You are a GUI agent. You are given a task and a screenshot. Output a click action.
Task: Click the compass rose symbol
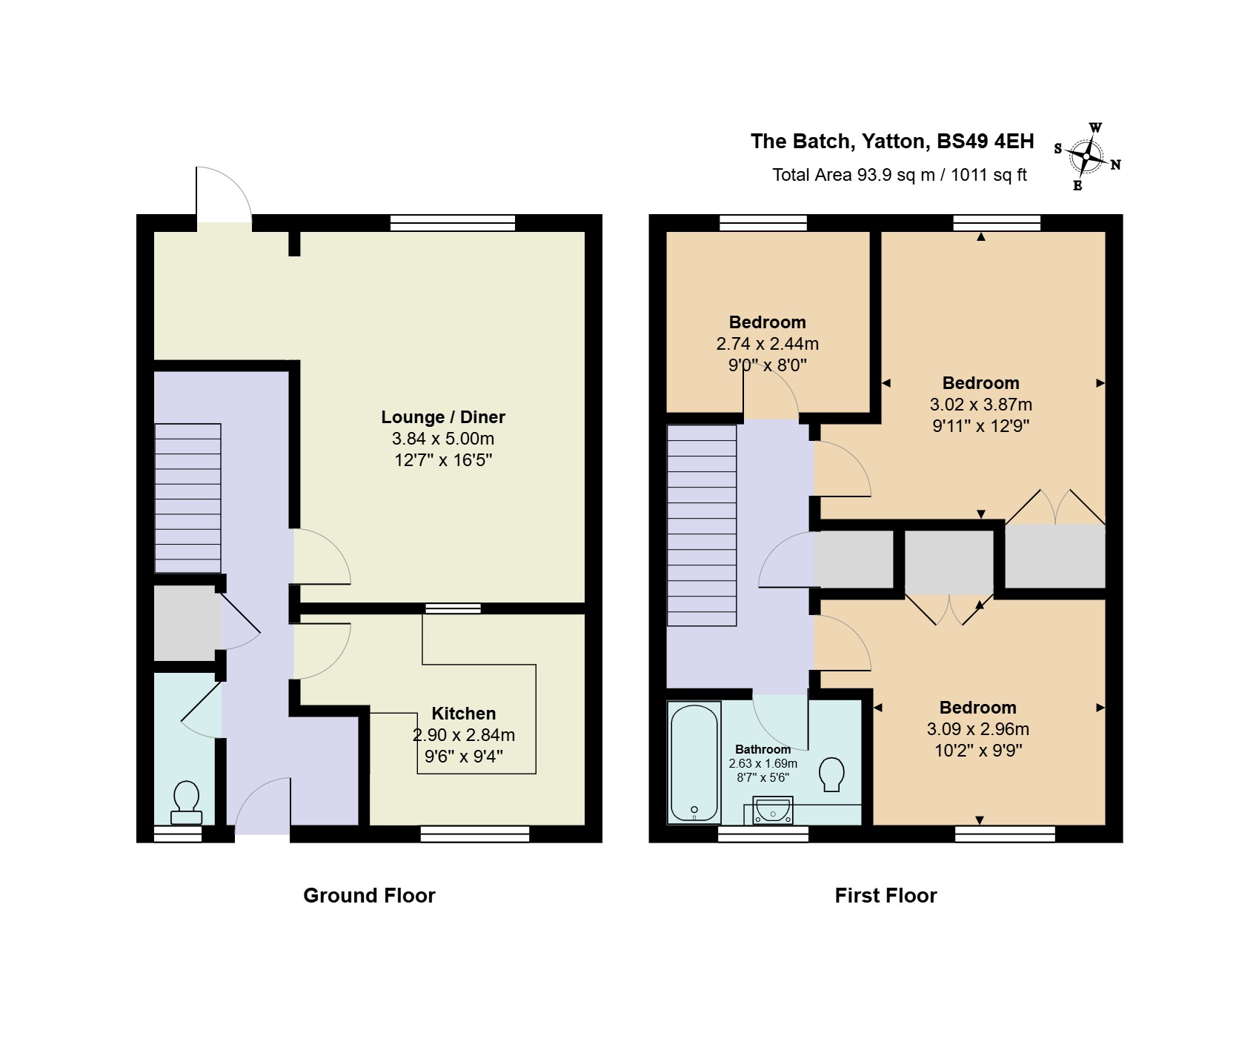click(x=1087, y=156)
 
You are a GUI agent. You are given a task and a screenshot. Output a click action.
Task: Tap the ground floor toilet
click(x=186, y=803)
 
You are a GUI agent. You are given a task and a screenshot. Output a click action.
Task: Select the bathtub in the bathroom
click(x=694, y=762)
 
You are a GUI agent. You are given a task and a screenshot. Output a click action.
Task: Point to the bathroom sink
click(x=773, y=811)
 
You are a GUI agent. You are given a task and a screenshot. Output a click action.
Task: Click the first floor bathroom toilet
click(x=833, y=774)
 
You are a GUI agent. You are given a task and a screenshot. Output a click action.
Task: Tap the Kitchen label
click(x=464, y=714)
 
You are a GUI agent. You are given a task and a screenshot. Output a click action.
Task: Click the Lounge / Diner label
click(x=443, y=417)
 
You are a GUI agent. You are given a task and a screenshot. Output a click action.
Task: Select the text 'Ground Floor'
click(x=369, y=895)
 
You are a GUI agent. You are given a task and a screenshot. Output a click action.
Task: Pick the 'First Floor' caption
click(x=886, y=895)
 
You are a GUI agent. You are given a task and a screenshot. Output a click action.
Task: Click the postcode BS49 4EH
click(x=986, y=141)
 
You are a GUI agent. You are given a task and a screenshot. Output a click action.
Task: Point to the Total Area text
click(x=900, y=175)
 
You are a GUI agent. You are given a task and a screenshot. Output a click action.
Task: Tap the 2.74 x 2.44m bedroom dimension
click(x=768, y=344)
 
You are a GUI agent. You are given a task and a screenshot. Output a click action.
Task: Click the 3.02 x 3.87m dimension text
click(x=981, y=405)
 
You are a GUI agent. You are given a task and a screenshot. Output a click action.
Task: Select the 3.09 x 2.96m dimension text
click(x=978, y=729)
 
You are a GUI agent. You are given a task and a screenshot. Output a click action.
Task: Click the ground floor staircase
click(x=187, y=498)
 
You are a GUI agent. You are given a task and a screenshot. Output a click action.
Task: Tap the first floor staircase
click(x=702, y=525)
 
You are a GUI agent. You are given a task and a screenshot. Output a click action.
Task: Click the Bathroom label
click(x=763, y=749)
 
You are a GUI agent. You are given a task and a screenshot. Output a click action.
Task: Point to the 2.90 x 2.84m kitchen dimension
click(x=464, y=735)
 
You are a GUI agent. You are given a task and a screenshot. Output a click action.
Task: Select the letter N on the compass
click(x=1115, y=165)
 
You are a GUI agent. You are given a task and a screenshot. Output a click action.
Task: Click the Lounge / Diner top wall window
click(x=453, y=222)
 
